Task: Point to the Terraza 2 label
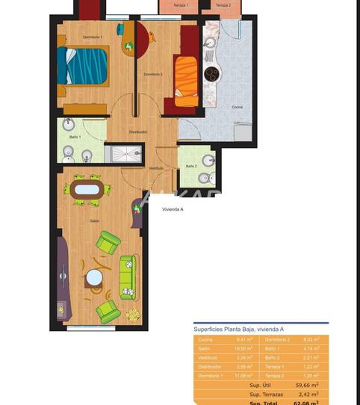click(x=223, y=5)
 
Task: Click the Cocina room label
click(x=237, y=108)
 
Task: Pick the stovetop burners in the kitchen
click(x=211, y=74)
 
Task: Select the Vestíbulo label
click(x=156, y=168)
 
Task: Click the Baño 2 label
click(x=191, y=166)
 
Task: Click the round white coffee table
click(x=94, y=278)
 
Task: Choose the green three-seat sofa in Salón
click(x=128, y=276)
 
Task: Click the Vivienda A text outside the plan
click(x=173, y=210)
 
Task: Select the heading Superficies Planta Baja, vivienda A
click(x=238, y=330)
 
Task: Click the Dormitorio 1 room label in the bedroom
click(x=93, y=37)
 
